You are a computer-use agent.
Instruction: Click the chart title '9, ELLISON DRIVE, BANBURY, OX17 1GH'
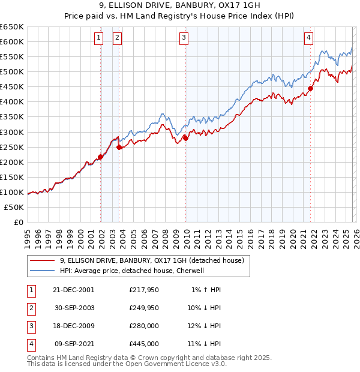179,7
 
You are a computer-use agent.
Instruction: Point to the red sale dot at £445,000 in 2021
311,88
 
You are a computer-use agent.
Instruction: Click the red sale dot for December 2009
186,138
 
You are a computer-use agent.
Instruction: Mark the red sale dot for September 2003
119,147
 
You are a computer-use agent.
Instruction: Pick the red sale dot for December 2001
101,157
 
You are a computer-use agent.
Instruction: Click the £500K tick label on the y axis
12,72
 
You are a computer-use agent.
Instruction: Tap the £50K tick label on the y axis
14,207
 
